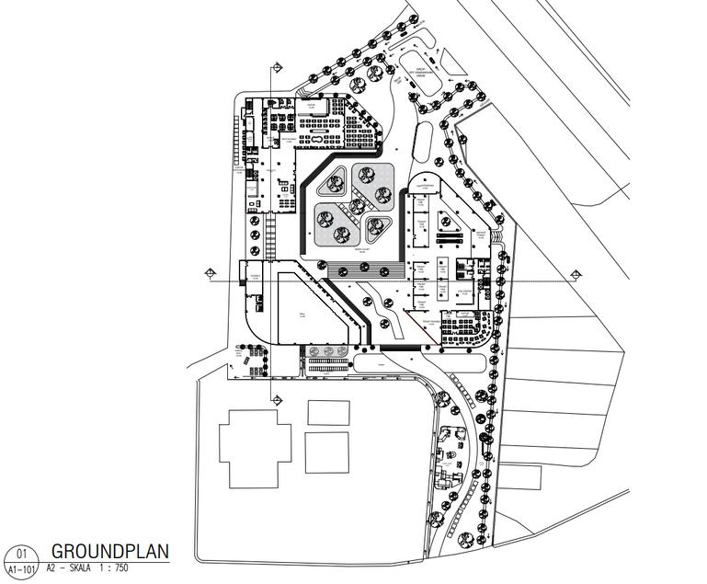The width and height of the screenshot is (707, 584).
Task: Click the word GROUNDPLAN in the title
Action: tap(110, 552)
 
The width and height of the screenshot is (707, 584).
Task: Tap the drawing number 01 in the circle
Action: tap(21, 554)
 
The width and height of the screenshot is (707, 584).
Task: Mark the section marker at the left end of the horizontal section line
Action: tap(211, 273)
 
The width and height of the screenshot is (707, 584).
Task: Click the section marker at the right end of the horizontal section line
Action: tap(576, 274)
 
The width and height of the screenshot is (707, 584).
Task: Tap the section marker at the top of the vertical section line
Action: tap(275, 68)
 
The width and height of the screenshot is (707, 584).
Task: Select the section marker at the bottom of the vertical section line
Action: tap(275, 399)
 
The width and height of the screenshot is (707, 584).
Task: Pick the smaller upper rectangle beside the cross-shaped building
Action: tap(328, 412)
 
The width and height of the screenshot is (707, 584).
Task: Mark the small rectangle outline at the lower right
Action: tap(521, 478)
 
